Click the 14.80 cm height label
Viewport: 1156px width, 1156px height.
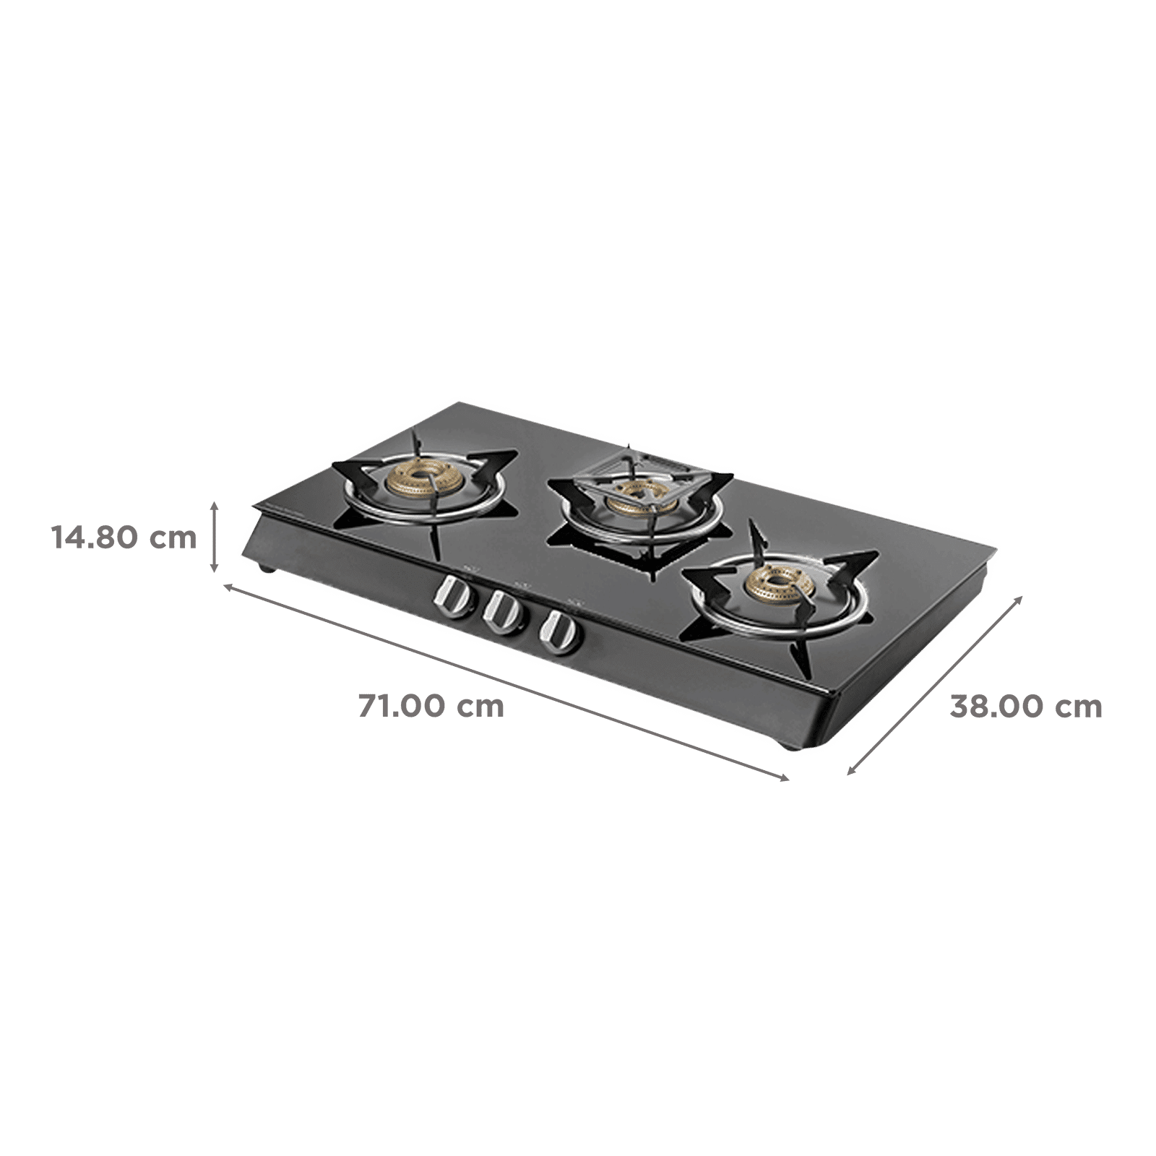(x=124, y=538)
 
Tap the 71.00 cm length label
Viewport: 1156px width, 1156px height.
(x=431, y=706)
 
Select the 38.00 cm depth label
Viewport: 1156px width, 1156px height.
(x=1026, y=706)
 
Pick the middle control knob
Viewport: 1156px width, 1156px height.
(x=503, y=613)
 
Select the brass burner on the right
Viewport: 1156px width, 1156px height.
(x=779, y=584)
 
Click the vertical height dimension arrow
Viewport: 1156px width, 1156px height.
(x=214, y=538)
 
